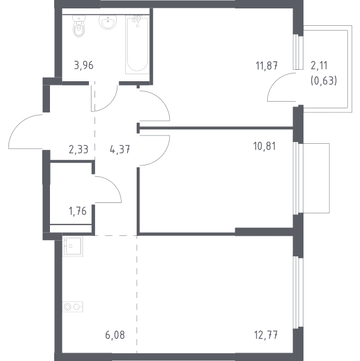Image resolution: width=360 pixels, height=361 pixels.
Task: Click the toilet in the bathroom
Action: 79,26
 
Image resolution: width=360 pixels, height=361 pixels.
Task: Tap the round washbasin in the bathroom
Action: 108,22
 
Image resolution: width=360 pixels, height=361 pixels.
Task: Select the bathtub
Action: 137,45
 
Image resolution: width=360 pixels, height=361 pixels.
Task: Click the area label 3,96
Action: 84,66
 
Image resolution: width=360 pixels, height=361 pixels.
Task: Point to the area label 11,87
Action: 267,66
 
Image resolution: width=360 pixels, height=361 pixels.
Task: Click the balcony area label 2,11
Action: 319,66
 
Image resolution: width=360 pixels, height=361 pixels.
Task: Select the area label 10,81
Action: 264,146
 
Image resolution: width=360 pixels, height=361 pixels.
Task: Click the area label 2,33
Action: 78,149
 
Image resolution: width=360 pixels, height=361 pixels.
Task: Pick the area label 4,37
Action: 120,149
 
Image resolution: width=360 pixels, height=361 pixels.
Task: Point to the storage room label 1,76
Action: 78,211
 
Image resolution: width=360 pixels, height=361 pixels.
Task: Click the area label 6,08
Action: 115,335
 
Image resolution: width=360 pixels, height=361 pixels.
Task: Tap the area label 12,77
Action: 266,335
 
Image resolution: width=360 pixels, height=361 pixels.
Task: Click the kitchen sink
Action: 73,246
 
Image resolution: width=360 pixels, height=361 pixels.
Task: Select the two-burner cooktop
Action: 73,307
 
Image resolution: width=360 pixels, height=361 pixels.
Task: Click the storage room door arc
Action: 114,184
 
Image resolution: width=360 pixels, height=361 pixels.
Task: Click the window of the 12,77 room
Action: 298,292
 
